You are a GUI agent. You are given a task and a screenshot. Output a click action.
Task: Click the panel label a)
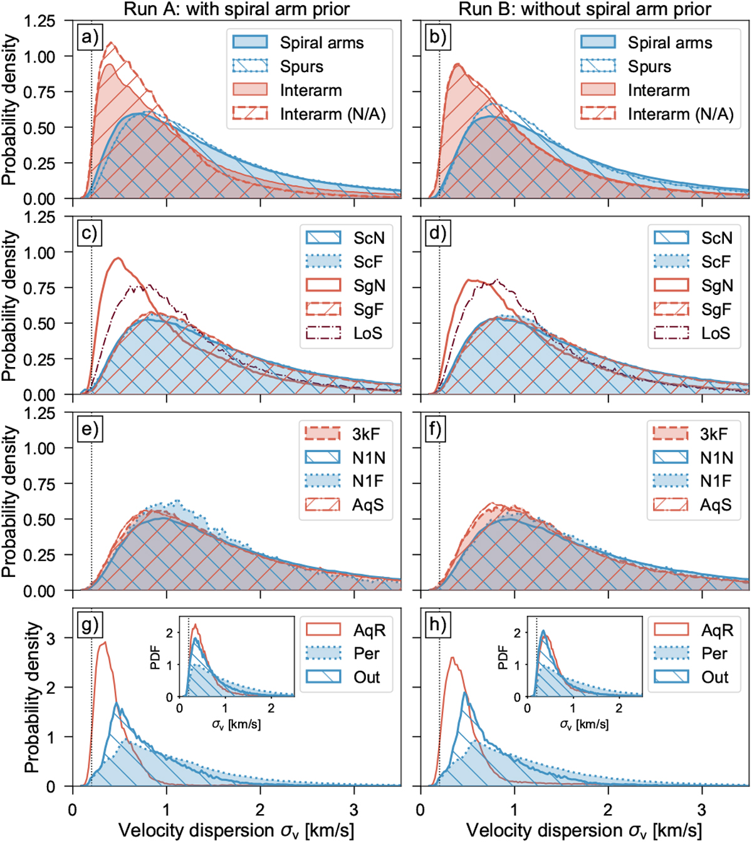(90, 38)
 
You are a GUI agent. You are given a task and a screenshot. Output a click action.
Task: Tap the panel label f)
(437, 430)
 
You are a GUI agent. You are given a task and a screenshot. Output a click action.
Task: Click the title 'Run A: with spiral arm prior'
(237, 9)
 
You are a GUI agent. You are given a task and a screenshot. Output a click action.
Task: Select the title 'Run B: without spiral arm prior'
(585, 9)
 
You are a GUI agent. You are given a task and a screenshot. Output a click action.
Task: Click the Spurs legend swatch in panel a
(250, 66)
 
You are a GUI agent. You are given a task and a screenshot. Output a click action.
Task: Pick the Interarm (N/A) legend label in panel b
(681, 114)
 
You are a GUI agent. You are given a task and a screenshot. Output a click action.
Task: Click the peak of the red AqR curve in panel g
(104, 642)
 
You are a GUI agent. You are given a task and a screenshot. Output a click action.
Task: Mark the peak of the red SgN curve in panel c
(117, 258)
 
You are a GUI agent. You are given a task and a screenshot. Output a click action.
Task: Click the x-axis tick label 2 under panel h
(608, 810)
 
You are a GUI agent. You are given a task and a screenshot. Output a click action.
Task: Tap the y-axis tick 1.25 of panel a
(40, 21)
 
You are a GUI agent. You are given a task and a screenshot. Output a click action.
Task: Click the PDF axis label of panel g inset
(156, 657)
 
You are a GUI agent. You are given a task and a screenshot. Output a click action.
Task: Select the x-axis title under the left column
(236, 830)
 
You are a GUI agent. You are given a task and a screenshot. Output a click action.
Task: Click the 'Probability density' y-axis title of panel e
(9, 501)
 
